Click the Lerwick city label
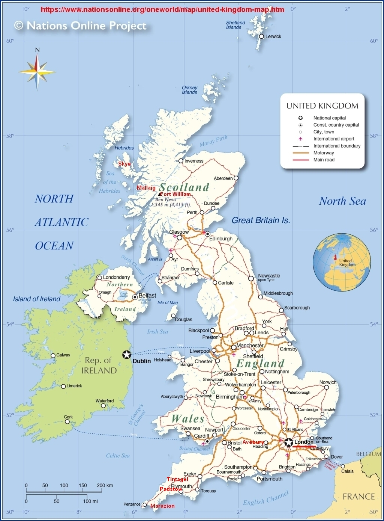[x=273, y=36]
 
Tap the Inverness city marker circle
[x=181, y=161]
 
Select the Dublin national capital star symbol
[x=127, y=354]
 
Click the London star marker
[x=288, y=442]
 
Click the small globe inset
[x=342, y=262]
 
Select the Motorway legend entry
[x=324, y=153]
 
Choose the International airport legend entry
[x=334, y=139]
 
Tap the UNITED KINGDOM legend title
[x=322, y=106]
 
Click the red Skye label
[x=124, y=164]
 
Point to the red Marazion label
[x=162, y=506]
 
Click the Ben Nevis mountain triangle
[x=160, y=194]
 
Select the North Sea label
[x=342, y=201]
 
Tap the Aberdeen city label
[x=223, y=178]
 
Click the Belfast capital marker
[x=135, y=297]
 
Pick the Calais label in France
[x=347, y=471]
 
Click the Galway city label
[x=63, y=355]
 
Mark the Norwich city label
[x=328, y=382]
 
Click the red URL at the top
[x=162, y=9]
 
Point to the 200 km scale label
[x=105, y=485]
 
